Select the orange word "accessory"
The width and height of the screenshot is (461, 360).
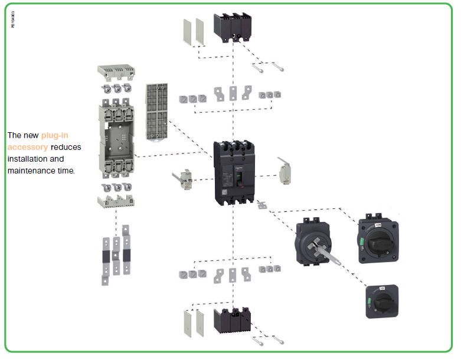[x=27, y=147]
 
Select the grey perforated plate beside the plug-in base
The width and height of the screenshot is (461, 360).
[x=158, y=112]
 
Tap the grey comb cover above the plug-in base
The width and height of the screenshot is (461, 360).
[x=116, y=72]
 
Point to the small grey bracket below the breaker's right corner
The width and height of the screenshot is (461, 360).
[x=263, y=205]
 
